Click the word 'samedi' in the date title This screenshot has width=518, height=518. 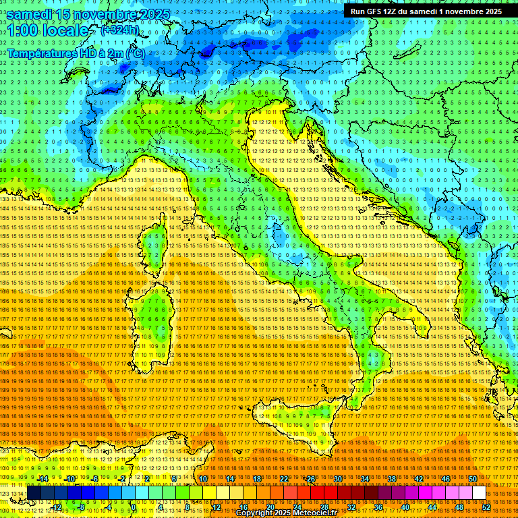[33, 14]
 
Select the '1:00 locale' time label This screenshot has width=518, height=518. [47, 30]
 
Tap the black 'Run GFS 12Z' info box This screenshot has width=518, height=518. [426, 11]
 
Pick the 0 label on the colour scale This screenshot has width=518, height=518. [134, 507]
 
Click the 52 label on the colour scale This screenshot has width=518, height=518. [486, 507]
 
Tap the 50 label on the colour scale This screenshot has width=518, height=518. [473, 478]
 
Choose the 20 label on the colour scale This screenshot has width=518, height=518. [270, 507]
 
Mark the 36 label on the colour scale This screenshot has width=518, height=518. [378, 507]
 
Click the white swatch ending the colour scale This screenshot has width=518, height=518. [479, 493]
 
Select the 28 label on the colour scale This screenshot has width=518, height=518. [324, 507]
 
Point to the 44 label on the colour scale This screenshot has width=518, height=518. [432, 507]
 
